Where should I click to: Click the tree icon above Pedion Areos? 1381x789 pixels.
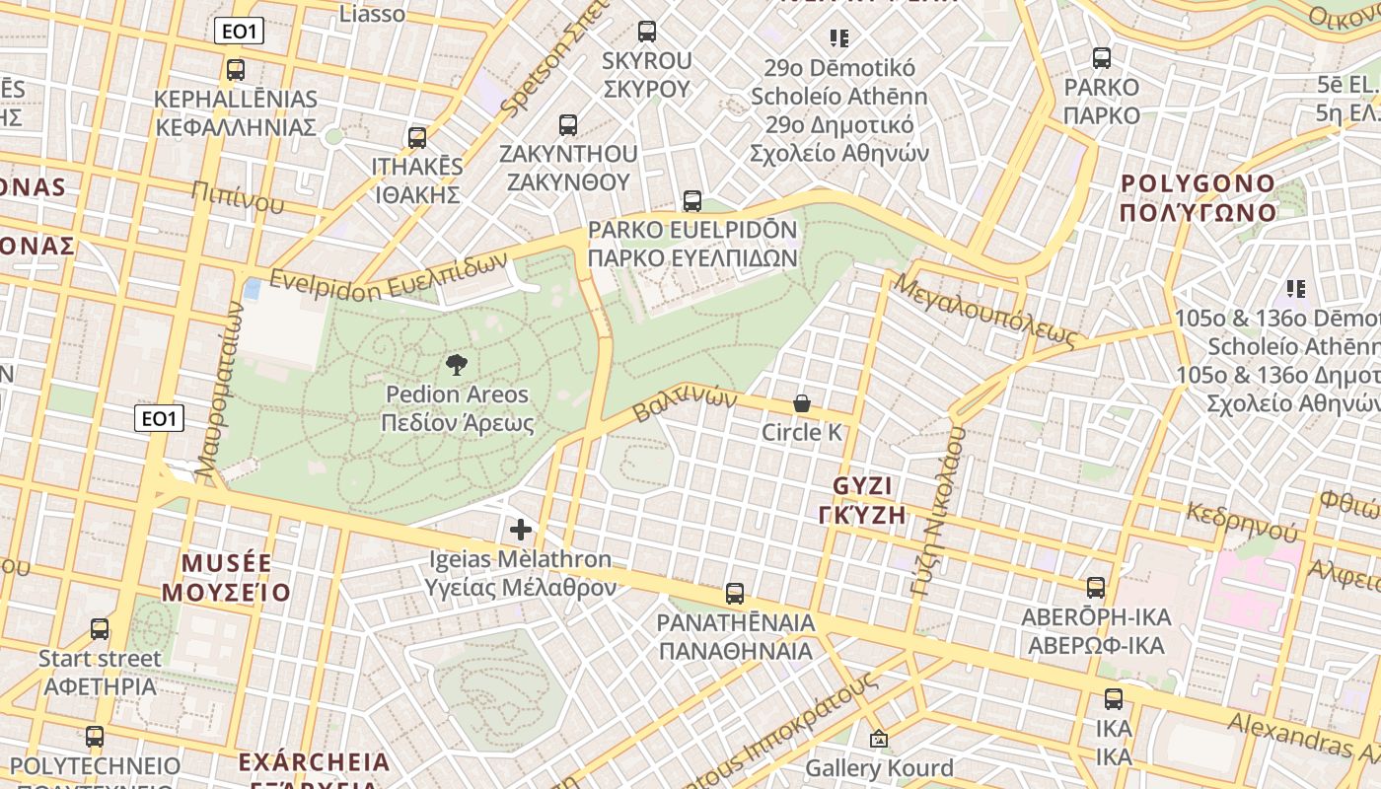point(456,366)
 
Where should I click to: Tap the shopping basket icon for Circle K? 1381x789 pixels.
point(802,403)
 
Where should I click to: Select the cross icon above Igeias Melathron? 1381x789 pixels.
point(521,530)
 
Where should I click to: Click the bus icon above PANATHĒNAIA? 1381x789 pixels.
point(735,594)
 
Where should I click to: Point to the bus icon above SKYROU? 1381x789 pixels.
point(647,32)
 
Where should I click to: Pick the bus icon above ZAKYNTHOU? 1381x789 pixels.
point(568,125)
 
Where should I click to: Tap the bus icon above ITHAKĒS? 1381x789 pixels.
point(417,138)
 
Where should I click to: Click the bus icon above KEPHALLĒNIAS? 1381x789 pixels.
point(236,70)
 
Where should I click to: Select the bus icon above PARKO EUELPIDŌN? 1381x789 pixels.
point(692,201)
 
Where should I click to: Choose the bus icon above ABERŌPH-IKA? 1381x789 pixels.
point(1096,588)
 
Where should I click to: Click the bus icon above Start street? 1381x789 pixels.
point(100,629)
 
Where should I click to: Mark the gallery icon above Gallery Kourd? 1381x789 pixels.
point(879,739)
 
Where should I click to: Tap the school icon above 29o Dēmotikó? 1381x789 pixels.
point(839,38)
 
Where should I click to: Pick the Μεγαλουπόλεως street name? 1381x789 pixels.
point(983,309)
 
